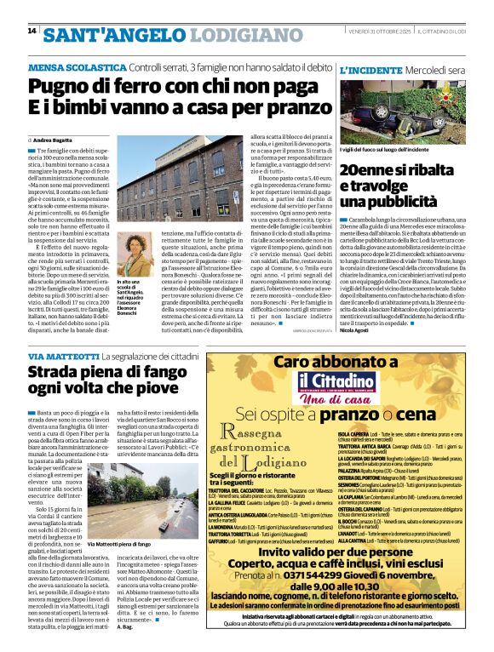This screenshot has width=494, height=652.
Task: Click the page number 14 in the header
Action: click(x=32, y=31)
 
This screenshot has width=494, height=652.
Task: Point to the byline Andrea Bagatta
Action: click(x=53, y=139)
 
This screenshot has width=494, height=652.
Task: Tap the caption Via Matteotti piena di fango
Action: click(x=124, y=543)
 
